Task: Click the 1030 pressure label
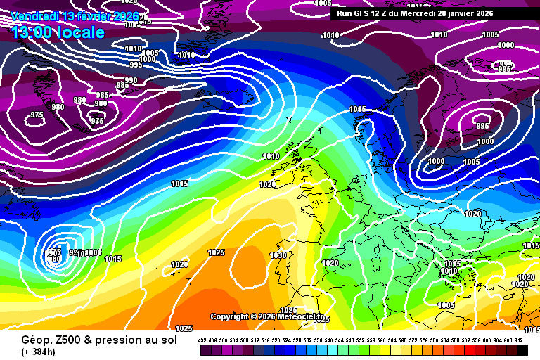[x=278, y=255]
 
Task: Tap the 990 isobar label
[x=131, y=80]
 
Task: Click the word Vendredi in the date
[x=35, y=15]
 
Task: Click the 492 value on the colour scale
[x=202, y=340]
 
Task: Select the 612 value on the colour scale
[x=519, y=340]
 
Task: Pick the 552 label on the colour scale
[x=361, y=340]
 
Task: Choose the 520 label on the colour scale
[x=276, y=340]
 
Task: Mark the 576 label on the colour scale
[x=424, y=340]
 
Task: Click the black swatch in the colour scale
[x=522, y=350]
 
